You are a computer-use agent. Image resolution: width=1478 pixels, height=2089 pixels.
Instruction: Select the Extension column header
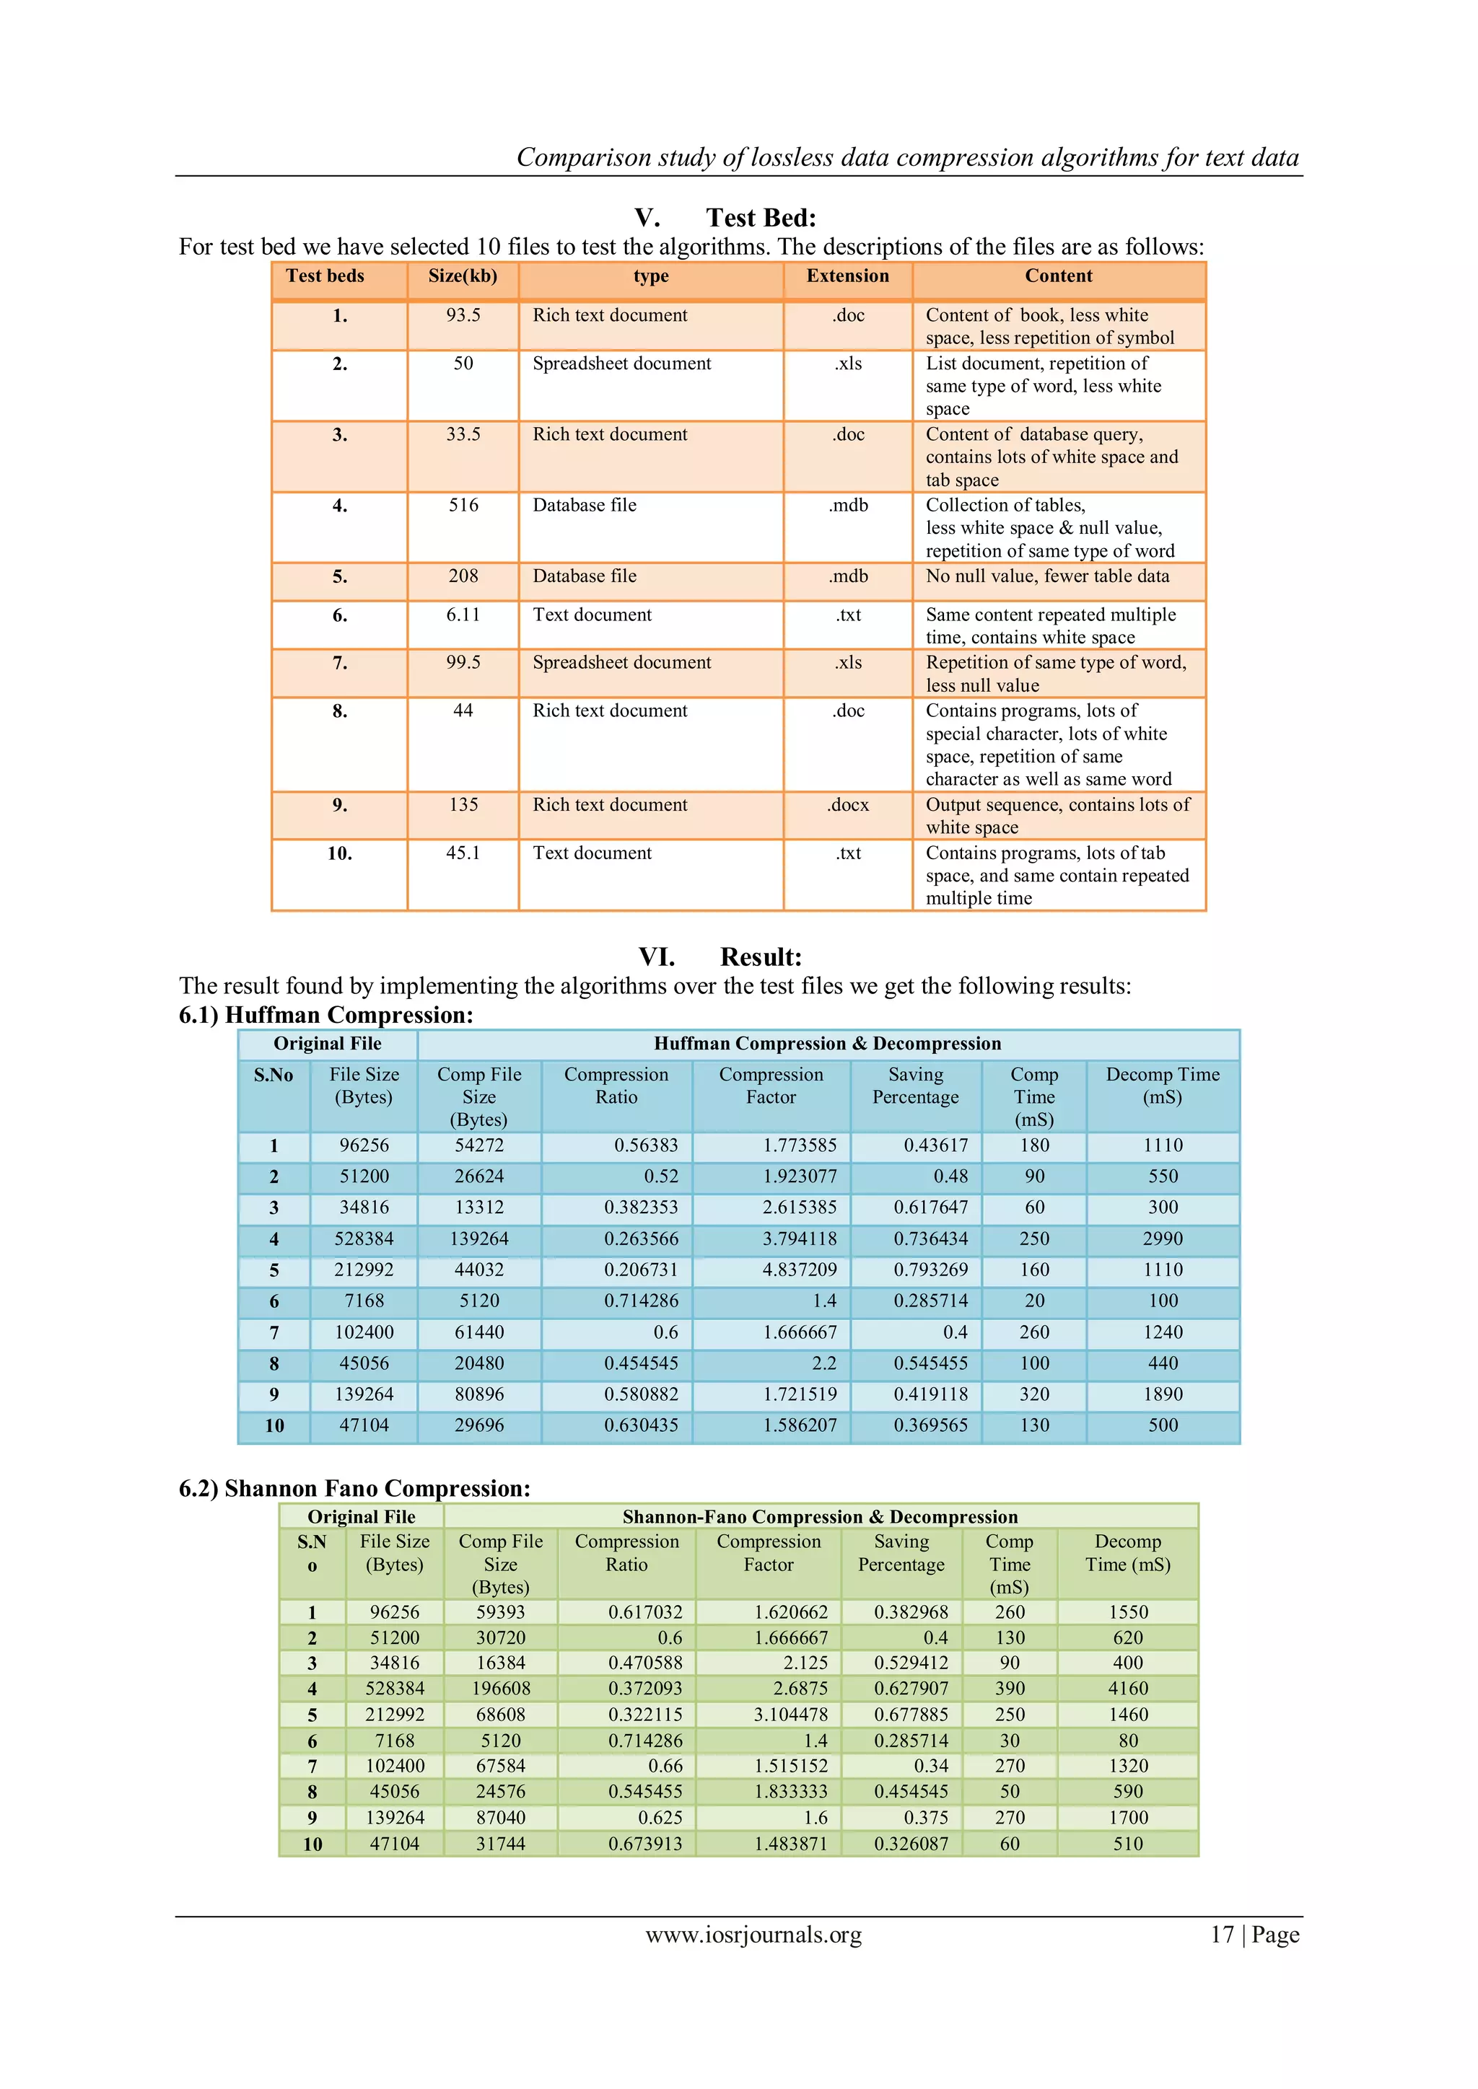847,276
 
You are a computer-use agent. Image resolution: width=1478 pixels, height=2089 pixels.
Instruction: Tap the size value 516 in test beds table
463,505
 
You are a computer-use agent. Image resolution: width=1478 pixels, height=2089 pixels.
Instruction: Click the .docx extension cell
847,805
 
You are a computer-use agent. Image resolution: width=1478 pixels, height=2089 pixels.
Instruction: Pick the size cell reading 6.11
463,615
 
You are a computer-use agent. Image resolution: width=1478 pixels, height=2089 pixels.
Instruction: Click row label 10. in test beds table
339,853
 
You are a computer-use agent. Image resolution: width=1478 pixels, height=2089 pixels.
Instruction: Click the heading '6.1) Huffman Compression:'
325,1016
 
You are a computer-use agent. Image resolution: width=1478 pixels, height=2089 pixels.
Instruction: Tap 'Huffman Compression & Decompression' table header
826,1044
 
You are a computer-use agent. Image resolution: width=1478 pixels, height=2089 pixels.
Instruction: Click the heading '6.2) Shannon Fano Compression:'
354,1489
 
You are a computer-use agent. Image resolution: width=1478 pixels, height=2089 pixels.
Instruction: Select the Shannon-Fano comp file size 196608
501,1689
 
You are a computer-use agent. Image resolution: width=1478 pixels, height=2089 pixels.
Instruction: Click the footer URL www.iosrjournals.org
753,1935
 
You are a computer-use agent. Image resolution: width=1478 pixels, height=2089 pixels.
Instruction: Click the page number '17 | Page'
1254,1935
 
